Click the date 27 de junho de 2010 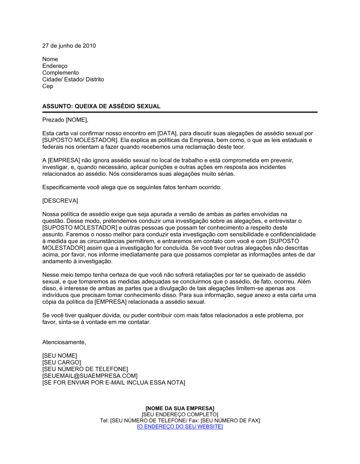pyautogui.click(x=69, y=46)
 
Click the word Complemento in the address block pyautogui.click(x=60, y=73)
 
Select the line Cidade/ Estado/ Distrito pyautogui.click(x=73, y=79)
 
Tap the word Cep pyautogui.click(x=48, y=86)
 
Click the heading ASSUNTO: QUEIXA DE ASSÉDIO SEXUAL pyautogui.click(x=101, y=106)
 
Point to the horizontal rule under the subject pyautogui.click(x=180, y=112)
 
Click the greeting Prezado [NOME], pyautogui.click(x=65, y=120)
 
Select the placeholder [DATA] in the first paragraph pyautogui.click(x=166, y=133)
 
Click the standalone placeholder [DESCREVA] pyautogui.click(x=60, y=201)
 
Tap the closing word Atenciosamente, pyautogui.click(x=64, y=342)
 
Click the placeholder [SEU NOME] pyautogui.click(x=59, y=356)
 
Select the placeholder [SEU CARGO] pyautogui.click(x=62, y=363)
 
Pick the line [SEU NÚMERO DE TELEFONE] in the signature pyautogui.click(x=85, y=369)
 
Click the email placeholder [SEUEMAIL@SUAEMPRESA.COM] pyautogui.click(x=90, y=376)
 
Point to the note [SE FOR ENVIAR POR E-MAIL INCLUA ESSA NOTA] pyautogui.click(x=113, y=383)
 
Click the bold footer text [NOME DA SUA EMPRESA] pyautogui.click(x=180, y=408)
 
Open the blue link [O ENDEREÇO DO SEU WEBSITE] pyautogui.click(x=180, y=427)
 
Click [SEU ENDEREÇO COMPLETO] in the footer pyautogui.click(x=180, y=414)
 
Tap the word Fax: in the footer pyautogui.click(x=194, y=420)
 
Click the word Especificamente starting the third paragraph pyautogui.click(x=64, y=187)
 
